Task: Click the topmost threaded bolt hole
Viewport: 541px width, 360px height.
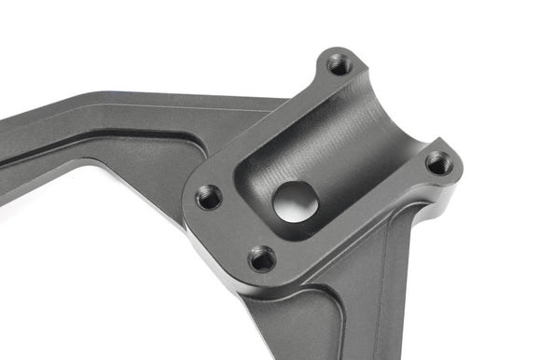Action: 340,65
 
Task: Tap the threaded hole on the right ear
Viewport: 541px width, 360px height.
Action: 438,164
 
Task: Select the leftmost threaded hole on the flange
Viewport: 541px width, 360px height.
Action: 209,197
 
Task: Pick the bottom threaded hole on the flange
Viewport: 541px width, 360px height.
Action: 263,258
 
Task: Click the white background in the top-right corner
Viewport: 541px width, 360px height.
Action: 494,37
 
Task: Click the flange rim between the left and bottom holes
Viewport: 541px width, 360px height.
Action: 229,233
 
